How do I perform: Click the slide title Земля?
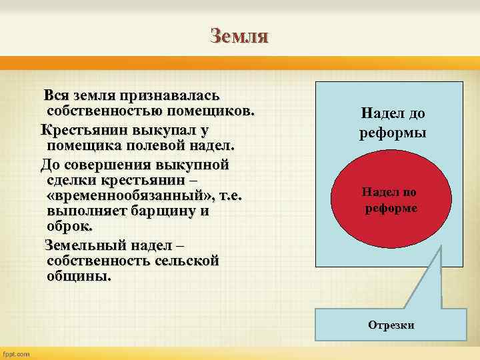pyautogui.click(x=239, y=35)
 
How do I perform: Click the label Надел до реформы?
pyautogui.click(x=393, y=123)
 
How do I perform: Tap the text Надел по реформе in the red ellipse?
pyautogui.click(x=390, y=200)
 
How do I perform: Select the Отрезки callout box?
pyautogui.click(x=391, y=325)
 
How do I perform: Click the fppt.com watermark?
pyautogui.click(x=17, y=354)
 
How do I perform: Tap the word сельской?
pyautogui.click(x=185, y=261)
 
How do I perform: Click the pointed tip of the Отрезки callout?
pyautogui.click(x=441, y=247)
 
